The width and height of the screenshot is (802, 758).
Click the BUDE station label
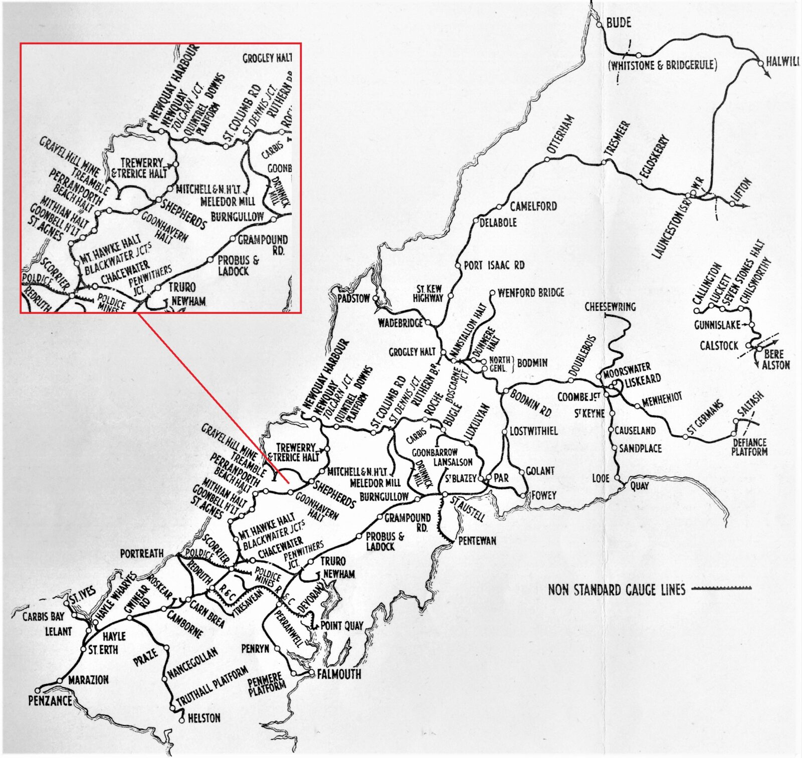tap(619, 23)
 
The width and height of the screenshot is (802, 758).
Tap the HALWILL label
tap(782, 62)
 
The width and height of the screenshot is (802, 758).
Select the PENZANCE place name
tap(50, 700)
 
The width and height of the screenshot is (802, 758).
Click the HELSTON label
tap(204, 718)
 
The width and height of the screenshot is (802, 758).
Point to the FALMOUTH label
tap(339, 674)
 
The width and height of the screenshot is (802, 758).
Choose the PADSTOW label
tap(353, 298)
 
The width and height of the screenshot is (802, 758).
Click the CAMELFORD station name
tap(533, 206)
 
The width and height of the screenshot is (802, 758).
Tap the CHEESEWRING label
tap(610, 306)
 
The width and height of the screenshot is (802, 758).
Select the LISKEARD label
tap(643, 380)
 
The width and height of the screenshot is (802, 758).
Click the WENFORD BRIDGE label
tap(531, 292)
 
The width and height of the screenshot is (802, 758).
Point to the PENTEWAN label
tap(477, 540)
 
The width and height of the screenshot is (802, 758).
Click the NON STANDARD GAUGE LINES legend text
tap(617, 590)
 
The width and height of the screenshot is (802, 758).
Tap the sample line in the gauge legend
tap(722, 588)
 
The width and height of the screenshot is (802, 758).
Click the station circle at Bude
tap(599, 24)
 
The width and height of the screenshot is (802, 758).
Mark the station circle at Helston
tap(181, 721)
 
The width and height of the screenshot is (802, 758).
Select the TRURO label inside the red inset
tap(182, 287)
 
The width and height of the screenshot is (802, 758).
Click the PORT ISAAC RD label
tap(494, 265)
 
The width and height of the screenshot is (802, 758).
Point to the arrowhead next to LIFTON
tap(747, 206)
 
